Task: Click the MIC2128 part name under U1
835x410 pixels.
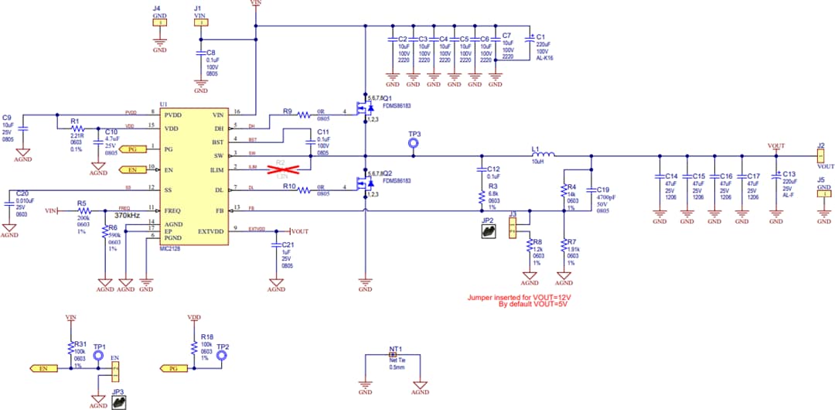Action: (170, 250)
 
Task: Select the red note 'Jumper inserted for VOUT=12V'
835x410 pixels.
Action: (523, 297)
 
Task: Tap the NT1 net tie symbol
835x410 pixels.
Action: (392, 357)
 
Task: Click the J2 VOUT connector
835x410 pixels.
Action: (820, 155)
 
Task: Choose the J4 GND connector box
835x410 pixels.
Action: (159, 23)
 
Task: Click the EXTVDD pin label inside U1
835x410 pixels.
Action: (210, 231)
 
